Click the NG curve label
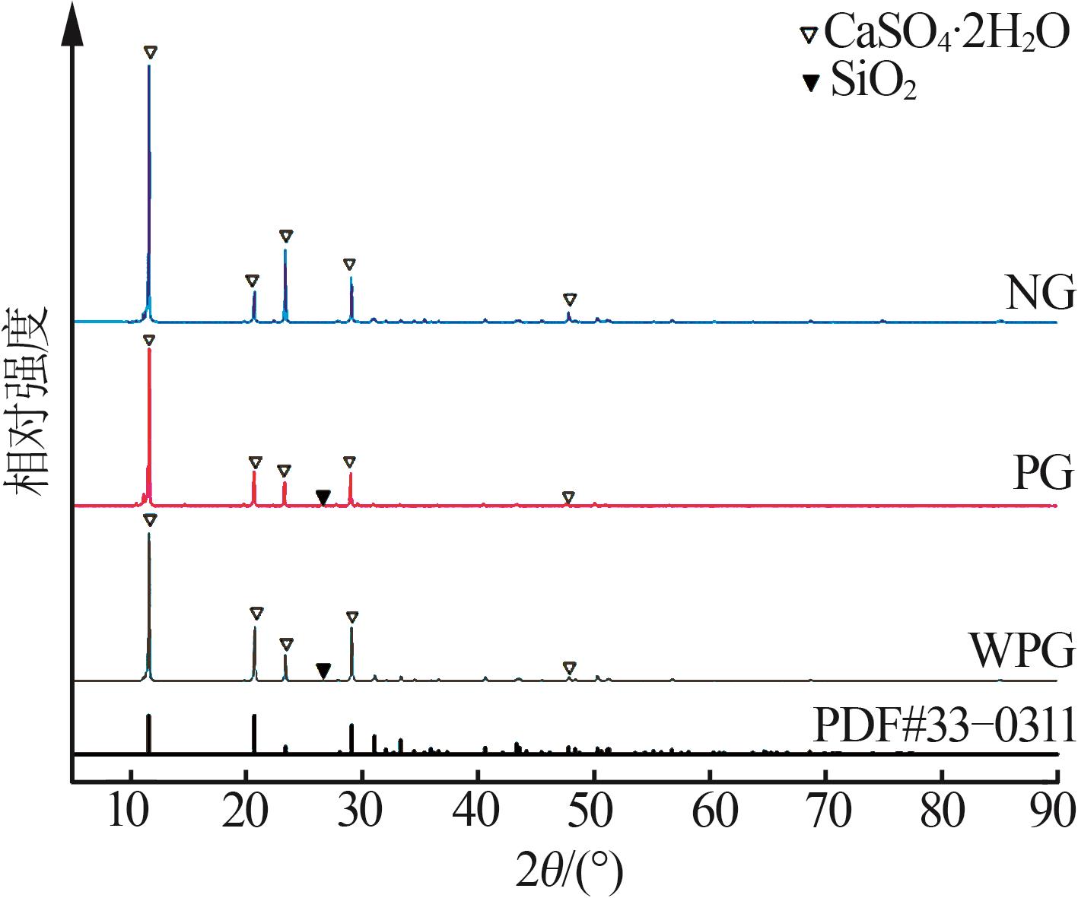point(1040,293)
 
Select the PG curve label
point(1043,473)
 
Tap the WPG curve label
point(1022,651)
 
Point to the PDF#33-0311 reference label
point(944,725)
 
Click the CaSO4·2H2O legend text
point(946,34)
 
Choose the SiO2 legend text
point(873,82)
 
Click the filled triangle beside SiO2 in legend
point(812,82)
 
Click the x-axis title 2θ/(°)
point(569,870)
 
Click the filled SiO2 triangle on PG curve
point(323,497)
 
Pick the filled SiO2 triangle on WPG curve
point(323,670)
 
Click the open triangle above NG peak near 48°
point(570,300)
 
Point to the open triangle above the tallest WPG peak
point(150,520)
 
